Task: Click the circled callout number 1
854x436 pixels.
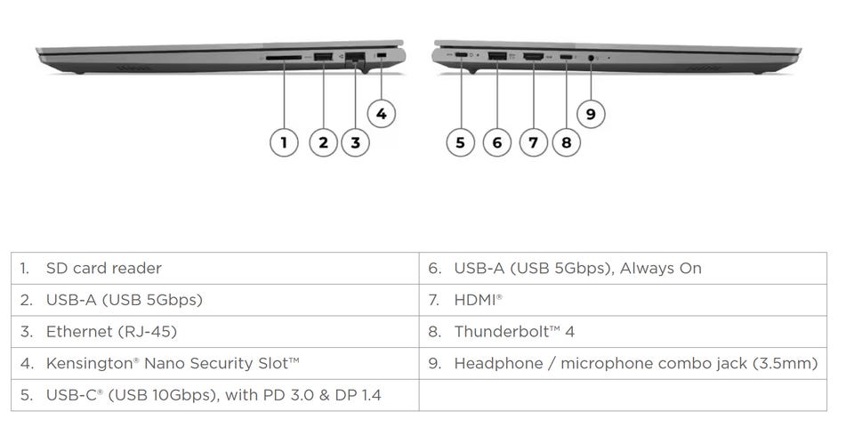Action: (x=284, y=142)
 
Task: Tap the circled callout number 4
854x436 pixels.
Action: (x=381, y=113)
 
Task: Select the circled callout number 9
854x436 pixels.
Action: (x=591, y=113)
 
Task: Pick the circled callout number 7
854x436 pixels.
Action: (x=533, y=142)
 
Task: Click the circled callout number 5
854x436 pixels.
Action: (x=460, y=142)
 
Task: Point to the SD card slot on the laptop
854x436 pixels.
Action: (x=284, y=58)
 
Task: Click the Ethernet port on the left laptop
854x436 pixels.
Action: (x=356, y=58)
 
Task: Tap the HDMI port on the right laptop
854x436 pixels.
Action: (x=533, y=58)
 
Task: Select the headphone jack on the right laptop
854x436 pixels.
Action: (x=591, y=59)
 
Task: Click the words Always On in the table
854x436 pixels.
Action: (x=661, y=268)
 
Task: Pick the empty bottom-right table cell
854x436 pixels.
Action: (x=622, y=395)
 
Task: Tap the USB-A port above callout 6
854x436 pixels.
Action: (x=496, y=58)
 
